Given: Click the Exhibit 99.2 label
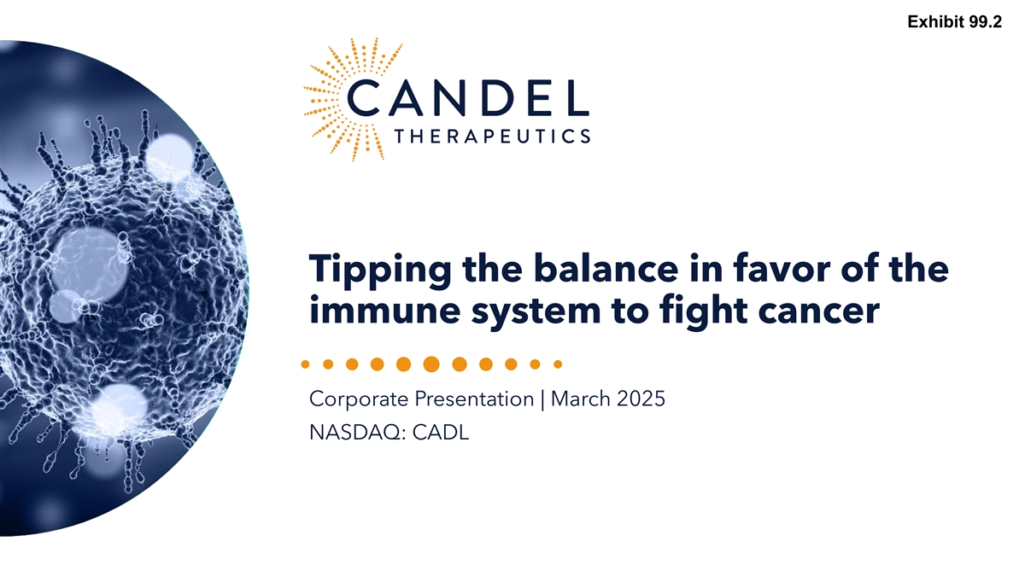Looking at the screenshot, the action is pos(955,22).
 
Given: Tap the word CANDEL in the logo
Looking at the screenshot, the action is pos(468,98).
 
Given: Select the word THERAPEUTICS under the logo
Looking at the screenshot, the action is pos(492,137).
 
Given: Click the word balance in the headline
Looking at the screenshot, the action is pos(606,268).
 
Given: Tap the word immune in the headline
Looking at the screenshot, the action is pos(385,310).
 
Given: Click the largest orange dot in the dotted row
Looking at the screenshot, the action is pos(431,364).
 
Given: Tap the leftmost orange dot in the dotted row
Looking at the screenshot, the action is pos(305,364).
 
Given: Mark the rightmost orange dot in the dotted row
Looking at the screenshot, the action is pos(558,364).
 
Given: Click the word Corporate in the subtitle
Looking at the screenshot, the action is pos(359,399).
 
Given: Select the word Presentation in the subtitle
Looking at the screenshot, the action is pos(475,399).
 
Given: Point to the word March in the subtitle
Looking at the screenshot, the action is pos(581,399).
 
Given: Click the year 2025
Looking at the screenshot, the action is pos(641,399).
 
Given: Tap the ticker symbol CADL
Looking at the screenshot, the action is pos(441,433).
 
